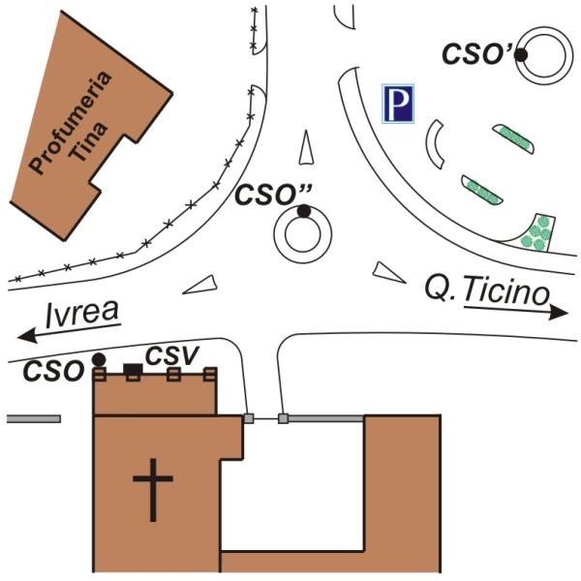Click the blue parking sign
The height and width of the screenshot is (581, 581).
click(x=397, y=104)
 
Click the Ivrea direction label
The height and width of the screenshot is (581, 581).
click(x=82, y=312)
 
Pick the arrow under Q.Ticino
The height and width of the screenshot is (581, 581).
click(x=514, y=311)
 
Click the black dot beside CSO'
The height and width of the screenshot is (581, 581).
click(x=521, y=55)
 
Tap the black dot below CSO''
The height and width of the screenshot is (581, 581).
click(x=303, y=211)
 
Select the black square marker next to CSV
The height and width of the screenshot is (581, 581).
click(x=131, y=368)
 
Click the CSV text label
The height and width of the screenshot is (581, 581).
click(x=168, y=355)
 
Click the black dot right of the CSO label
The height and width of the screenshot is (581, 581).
click(x=98, y=359)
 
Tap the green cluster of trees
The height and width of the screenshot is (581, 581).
click(x=535, y=233)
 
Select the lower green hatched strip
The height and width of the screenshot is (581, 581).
click(x=481, y=190)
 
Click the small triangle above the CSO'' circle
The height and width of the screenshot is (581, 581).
click(x=307, y=146)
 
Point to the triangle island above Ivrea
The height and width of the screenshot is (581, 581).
click(x=201, y=284)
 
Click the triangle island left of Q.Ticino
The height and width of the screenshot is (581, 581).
click(x=389, y=273)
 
